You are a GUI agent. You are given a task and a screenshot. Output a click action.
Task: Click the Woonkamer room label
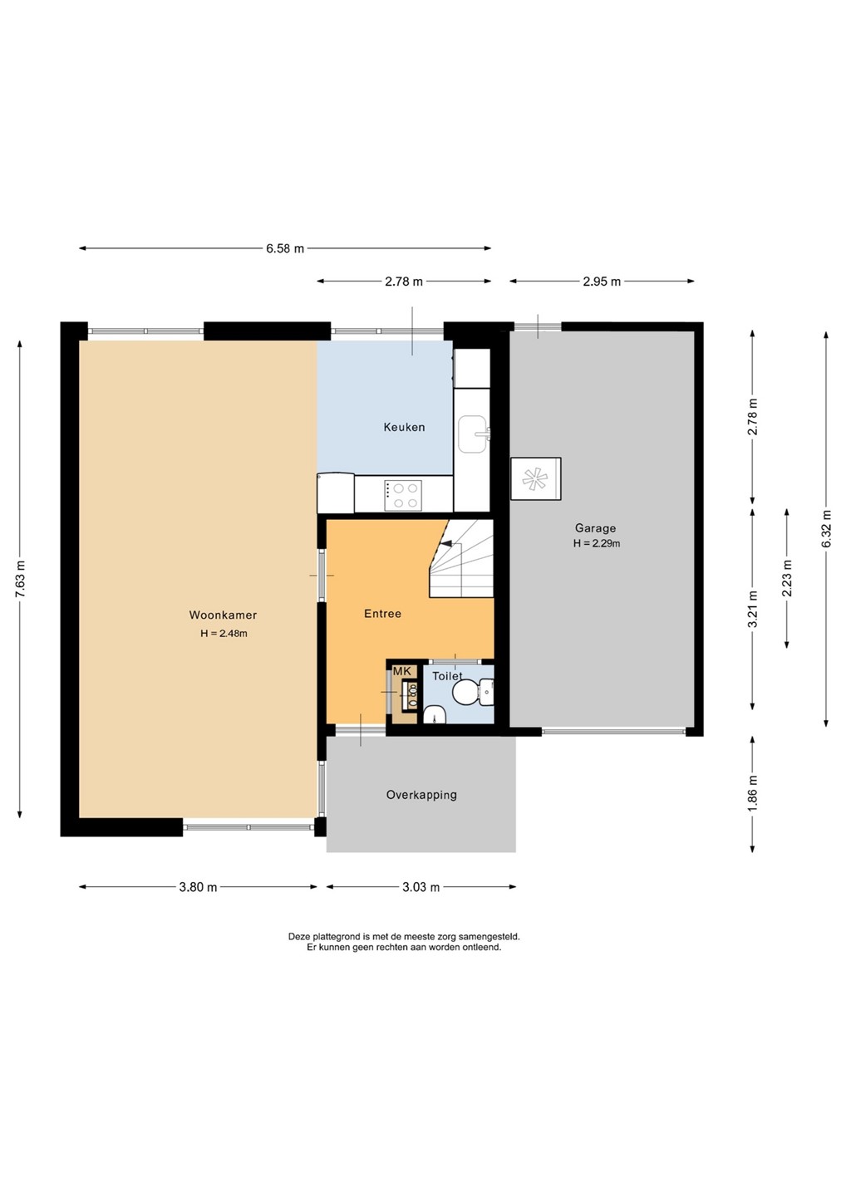coord(223,615)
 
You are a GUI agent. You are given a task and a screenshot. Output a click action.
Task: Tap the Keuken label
coord(405,427)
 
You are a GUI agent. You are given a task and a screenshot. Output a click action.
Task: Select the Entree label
coord(382,614)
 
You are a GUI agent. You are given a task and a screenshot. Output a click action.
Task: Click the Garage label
coord(595,528)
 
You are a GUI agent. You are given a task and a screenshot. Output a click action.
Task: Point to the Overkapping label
coord(421,795)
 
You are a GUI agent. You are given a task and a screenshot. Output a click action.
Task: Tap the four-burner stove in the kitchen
coord(403,495)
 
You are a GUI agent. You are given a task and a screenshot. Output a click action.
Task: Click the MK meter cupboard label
coord(401,672)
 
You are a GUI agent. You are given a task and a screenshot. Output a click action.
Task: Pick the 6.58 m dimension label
coord(285,248)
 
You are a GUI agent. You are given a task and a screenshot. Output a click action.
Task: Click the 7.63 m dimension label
coord(20,580)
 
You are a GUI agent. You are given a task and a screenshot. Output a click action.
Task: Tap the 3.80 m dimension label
coord(198,887)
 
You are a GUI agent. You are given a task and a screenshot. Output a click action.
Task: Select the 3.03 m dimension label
coord(421,887)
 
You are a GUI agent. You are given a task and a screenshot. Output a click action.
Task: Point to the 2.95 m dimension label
coord(602,282)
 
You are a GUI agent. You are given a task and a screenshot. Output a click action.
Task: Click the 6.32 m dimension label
coord(827,528)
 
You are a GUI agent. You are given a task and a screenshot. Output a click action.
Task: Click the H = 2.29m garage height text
coord(597,544)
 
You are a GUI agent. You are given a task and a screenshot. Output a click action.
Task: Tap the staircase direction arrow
coord(446,543)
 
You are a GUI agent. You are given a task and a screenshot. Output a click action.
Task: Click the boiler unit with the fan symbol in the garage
coord(536,478)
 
